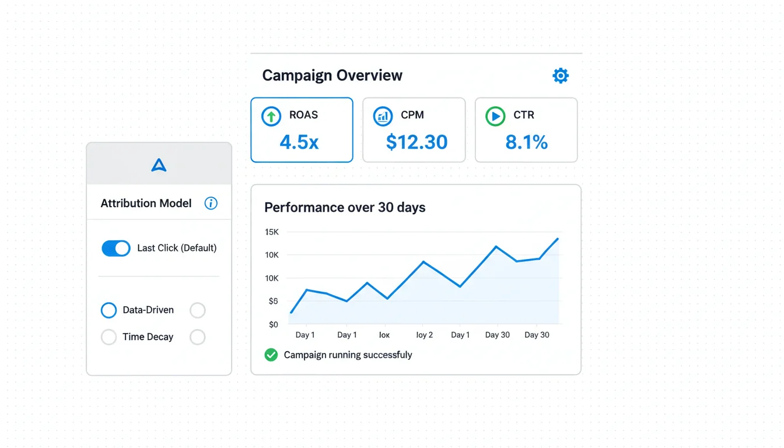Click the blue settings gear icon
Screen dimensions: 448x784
560,75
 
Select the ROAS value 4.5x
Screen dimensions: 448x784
299,142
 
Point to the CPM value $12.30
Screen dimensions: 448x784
416,142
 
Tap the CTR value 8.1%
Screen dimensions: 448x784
526,142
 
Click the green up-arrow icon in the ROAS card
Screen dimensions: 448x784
271,116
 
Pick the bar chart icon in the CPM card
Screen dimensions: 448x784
383,116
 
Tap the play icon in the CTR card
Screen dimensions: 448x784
495,116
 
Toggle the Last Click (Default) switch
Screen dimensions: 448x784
116,248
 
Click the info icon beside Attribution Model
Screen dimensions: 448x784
211,203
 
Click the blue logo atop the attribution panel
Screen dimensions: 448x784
159,166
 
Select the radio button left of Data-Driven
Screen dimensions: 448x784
109,310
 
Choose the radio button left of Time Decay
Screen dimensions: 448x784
109,337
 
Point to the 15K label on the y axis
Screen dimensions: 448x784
272,232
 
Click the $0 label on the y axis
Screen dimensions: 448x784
273,324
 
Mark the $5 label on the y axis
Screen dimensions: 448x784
273,301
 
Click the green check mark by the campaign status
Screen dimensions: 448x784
271,355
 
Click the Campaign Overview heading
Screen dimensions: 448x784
332,75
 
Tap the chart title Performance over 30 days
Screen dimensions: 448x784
345,207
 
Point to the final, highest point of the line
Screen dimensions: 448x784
558,239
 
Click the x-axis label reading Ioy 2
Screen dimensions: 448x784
424,335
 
